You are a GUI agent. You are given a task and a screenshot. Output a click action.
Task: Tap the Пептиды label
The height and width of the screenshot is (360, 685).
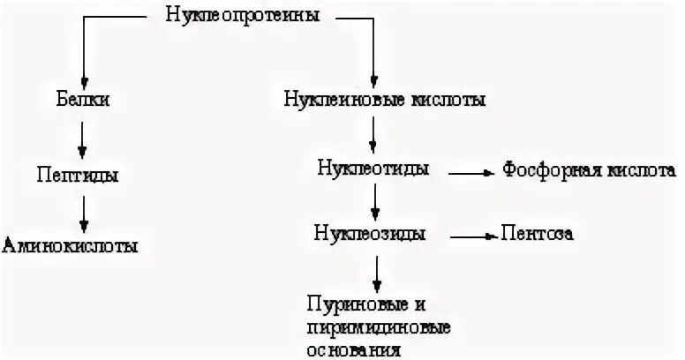pos(79,174)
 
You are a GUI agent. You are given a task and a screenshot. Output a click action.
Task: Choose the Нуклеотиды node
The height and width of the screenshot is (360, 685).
pos(374,169)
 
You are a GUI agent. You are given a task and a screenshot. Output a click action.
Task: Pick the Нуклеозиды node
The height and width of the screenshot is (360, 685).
pos(371,234)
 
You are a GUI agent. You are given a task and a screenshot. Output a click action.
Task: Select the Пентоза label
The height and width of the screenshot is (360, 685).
pos(538,234)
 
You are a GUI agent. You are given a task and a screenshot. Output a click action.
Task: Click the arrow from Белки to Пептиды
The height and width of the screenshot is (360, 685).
pos(82,137)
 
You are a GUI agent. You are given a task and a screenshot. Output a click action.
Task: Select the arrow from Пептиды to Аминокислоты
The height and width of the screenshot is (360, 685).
pos(82,210)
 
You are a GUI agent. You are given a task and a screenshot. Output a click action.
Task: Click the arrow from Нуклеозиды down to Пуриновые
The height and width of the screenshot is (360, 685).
pos(377,274)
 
